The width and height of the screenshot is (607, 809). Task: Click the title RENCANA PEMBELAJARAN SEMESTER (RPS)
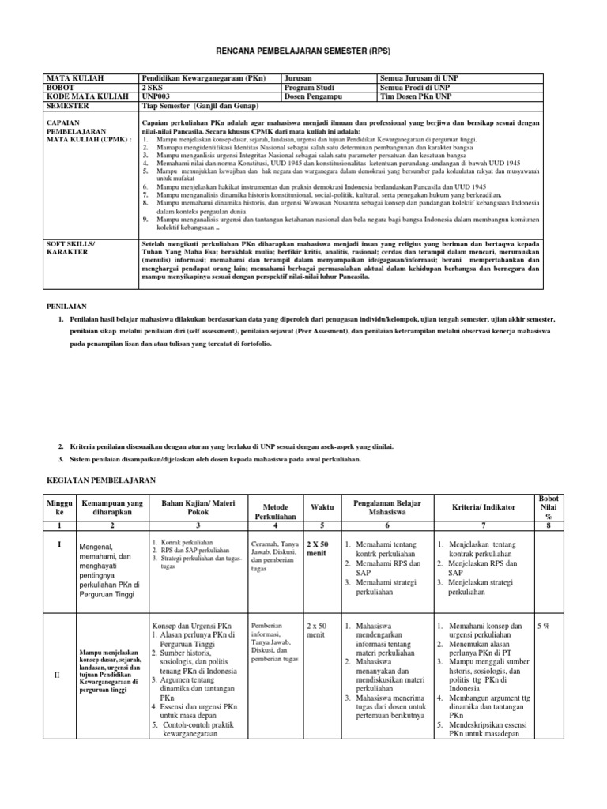click(x=304, y=51)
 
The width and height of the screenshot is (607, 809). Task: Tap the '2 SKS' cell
click(x=153, y=88)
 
